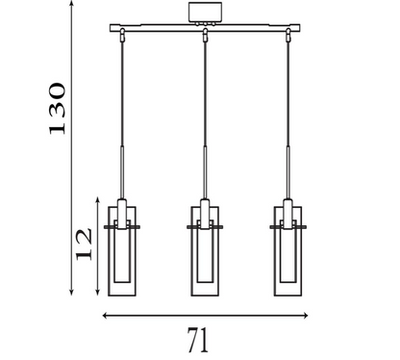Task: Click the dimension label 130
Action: (x=57, y=108)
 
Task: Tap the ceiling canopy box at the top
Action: (x=205, y=13)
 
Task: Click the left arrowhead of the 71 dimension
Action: (x=105, y=315)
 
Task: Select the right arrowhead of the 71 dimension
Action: (x=306, y=315)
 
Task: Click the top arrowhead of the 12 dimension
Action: (x=100, y=199)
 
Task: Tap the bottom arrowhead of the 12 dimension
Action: (x=100, y=293)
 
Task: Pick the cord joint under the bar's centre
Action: (x=205, y=38)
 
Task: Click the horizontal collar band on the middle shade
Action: (x=206, y=227)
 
